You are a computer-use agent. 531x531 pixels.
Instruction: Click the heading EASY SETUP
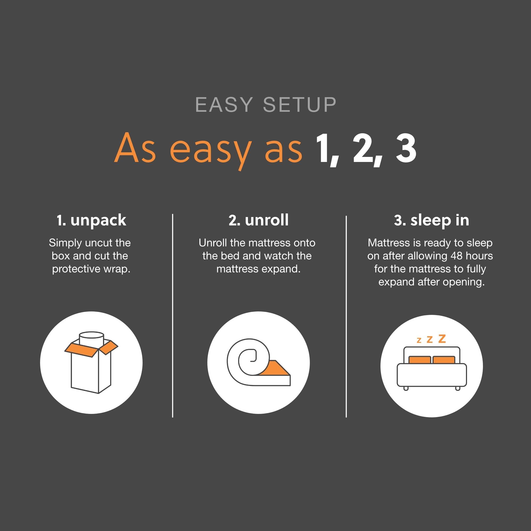[265, 104]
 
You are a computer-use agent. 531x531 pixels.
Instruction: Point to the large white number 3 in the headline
[406, 148]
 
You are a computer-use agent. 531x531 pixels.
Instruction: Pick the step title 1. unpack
[91, 220]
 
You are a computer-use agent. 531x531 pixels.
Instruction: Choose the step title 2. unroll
[258, 220]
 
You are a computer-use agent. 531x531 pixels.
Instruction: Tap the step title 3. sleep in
[431, 220]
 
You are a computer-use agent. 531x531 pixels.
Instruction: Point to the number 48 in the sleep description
[456, 256]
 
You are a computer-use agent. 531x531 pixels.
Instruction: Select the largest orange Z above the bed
[442, 339]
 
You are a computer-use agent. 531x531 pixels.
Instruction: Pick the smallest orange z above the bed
[419, 341]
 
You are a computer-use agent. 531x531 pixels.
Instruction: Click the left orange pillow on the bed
[419, 360]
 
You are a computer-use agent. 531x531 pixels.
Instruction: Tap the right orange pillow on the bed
[444, 360]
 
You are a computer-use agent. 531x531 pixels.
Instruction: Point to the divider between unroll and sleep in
[346, 316]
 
